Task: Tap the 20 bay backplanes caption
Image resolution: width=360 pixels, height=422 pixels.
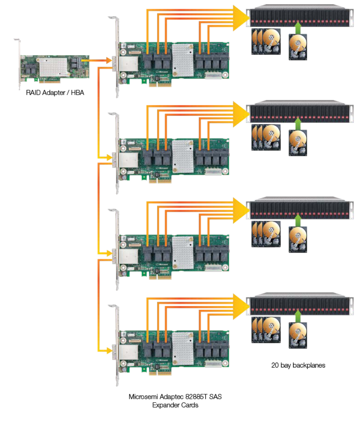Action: (x=298, y=365)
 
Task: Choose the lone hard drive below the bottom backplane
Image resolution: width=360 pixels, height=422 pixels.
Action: (x=298, y=335)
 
